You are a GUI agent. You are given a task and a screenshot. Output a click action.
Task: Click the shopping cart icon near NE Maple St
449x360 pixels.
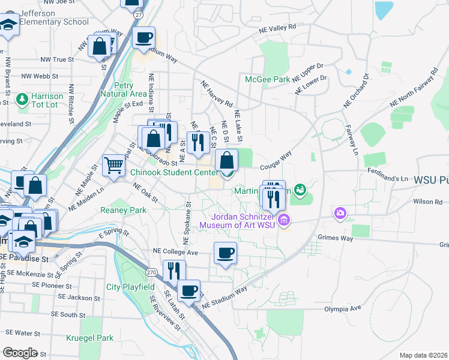coord(113,164)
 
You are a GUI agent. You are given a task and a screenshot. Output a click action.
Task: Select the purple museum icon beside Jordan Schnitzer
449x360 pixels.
coord(285,221)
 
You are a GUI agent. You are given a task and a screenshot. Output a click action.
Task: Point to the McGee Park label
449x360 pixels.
coord(267,79)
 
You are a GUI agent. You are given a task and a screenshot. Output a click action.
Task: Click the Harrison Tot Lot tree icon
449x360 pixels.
coord(23,98)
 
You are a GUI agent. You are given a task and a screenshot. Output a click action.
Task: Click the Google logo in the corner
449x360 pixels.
coord(20,352)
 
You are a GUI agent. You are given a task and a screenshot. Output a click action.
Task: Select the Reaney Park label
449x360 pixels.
coord(124,210)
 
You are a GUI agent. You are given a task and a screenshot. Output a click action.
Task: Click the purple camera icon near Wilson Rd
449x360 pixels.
coord(340,213)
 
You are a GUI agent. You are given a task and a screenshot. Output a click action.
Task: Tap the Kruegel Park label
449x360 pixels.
coord(90,338)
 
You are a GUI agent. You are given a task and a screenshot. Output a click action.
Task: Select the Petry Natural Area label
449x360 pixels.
coord(123,89)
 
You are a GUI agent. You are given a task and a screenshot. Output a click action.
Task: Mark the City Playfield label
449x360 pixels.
coord(130,287)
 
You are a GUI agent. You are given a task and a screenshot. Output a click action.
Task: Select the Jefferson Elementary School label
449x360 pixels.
coord(53,17)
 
